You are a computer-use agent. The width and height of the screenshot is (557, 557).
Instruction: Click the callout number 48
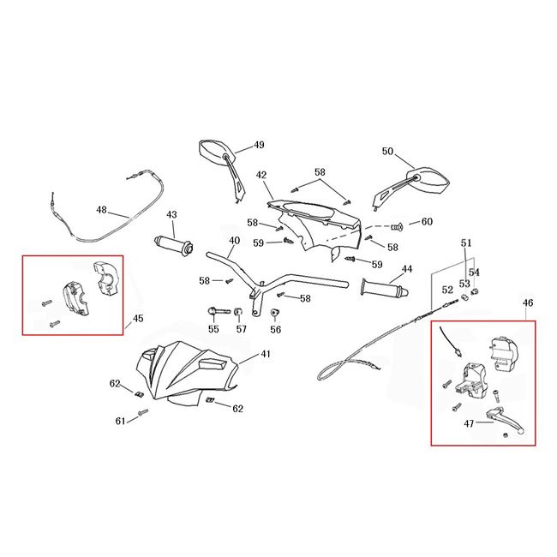101,210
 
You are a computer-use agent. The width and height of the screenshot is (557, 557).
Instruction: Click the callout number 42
262,175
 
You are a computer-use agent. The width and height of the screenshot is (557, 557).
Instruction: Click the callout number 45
138,320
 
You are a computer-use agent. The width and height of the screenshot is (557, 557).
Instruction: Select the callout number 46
527,303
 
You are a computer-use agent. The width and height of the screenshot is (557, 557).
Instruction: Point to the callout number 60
427,222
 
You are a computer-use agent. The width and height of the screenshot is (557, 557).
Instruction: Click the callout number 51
465,243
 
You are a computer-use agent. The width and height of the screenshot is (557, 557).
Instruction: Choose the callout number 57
241,329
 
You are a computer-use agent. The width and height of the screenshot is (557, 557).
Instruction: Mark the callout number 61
121,421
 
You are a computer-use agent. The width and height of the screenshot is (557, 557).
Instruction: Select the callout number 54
474,273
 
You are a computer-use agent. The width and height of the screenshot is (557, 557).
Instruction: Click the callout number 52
446,290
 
